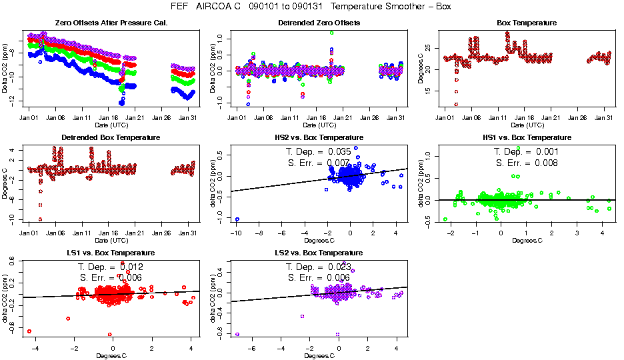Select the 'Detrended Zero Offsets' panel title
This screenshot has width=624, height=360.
tap(319, 23)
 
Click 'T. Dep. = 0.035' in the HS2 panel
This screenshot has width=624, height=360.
tap(320, 152)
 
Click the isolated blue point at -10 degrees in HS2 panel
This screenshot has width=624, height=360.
tap(237, 219)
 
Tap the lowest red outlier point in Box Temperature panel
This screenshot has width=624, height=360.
tap(456, 104)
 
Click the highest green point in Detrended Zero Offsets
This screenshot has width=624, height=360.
tap(331, 33)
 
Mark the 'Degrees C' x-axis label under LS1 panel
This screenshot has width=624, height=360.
tap(111, 355)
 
